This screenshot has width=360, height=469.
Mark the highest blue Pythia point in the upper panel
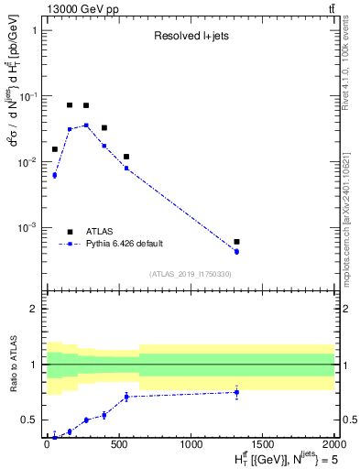coord(86,125)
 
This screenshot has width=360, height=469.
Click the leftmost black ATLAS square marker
coord(55,148)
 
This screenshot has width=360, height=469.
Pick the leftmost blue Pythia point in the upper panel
coord(55,175)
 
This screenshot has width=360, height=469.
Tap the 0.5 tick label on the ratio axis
coord(29,420)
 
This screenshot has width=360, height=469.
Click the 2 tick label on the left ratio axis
coord(35,309)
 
